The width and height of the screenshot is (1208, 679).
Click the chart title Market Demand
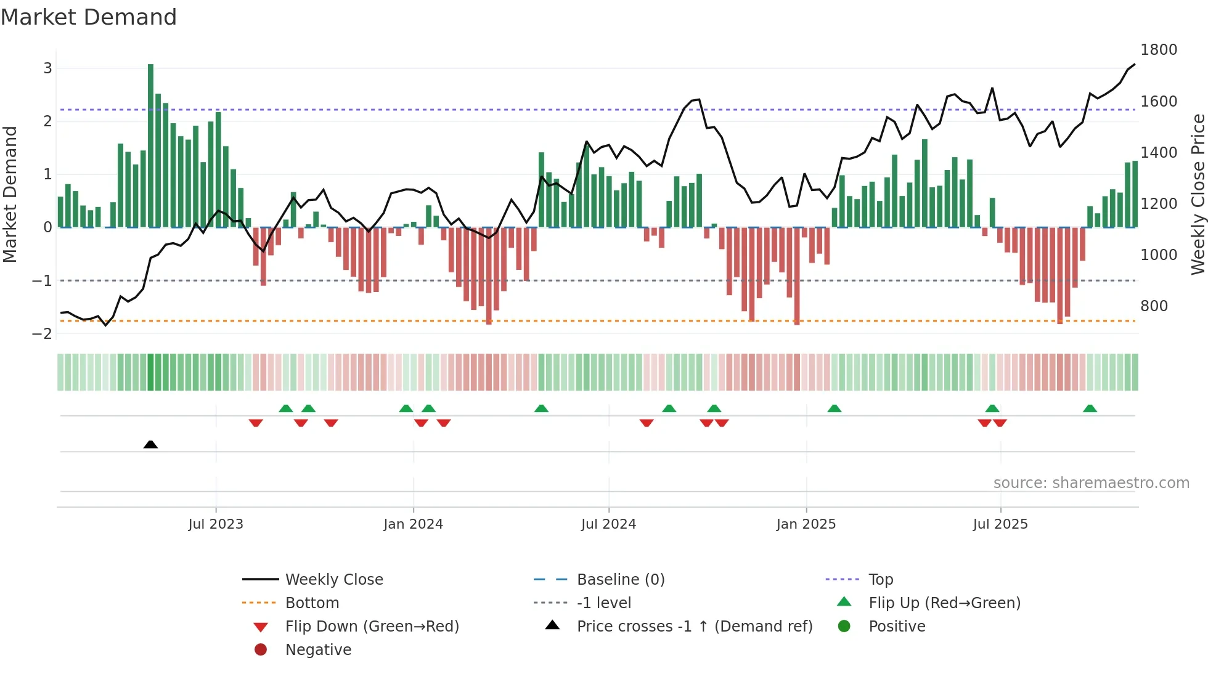89,17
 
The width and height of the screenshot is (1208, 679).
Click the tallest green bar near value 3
150,145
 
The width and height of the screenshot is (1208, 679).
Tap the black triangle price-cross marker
150,444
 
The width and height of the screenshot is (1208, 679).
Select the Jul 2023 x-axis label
216,524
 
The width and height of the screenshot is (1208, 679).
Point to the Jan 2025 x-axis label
806,524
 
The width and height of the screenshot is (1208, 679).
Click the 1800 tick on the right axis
1158,50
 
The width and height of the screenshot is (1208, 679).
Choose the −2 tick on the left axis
43,333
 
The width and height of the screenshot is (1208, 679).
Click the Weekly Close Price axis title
1198,194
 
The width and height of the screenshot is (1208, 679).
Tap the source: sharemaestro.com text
1091,482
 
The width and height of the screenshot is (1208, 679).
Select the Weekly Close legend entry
333,579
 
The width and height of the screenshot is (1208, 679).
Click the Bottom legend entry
312,603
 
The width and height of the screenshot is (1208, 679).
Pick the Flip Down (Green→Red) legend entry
372,626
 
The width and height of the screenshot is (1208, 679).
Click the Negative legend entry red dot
261,649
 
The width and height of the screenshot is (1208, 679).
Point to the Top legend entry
880,579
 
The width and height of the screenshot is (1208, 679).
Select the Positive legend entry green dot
844,626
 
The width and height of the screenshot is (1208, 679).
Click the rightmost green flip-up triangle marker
1090,409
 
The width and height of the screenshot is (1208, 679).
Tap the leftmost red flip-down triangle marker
256,423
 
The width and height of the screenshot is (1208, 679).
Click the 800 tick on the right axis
1154,306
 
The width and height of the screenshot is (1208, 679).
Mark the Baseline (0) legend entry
620,579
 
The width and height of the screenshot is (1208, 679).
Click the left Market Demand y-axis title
10,194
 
